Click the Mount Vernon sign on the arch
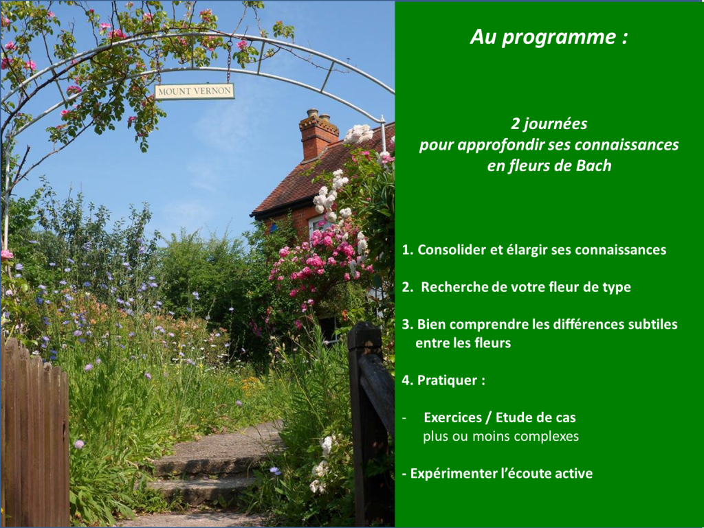(x=195, y=91)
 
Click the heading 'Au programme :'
(x=548, y=38)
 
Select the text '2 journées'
(x=549, y=124)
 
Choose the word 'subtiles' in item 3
(x=652, y=324)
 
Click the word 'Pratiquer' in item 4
(x=447, y=380)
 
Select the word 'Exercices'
(x=454, y=417)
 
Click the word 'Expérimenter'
(x=453, y=473)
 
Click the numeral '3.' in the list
(x=408, y=324)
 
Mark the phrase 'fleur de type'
(x=592, y=287)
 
